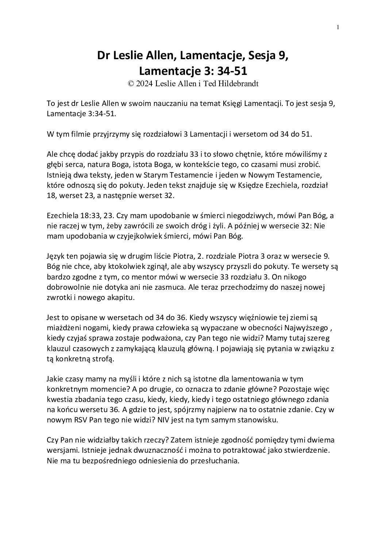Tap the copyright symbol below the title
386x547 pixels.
click(x=131, y=83)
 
